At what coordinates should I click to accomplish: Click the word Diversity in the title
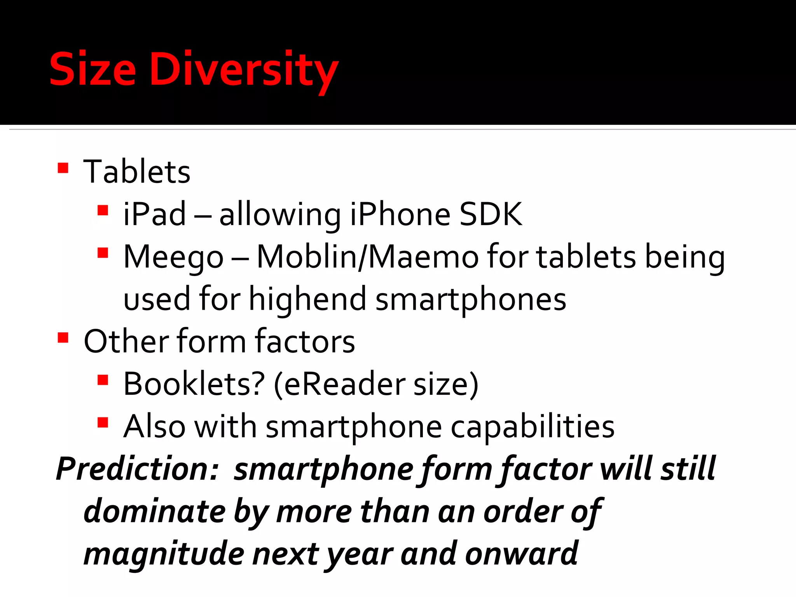click(x=244, y=70)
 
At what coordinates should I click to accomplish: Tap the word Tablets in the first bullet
click(x=137, y=172)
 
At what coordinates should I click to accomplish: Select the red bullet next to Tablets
click(x=63, y=168)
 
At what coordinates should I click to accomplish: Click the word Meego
click(x=173, y=257)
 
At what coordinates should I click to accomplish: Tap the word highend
click(x=307, y=299)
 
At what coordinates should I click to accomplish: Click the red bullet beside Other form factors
click(x=63, y=338)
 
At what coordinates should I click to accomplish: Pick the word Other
click(x=126, y=341)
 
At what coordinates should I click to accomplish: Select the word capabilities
click(x=532, y=427)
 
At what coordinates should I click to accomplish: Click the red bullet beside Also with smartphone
click(x=103, y=422)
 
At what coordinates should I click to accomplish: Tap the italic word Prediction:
click(x=138, y=469)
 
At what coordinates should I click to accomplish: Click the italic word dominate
click(x=155, y=511)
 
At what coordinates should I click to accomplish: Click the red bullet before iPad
click(x=103, y=211)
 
